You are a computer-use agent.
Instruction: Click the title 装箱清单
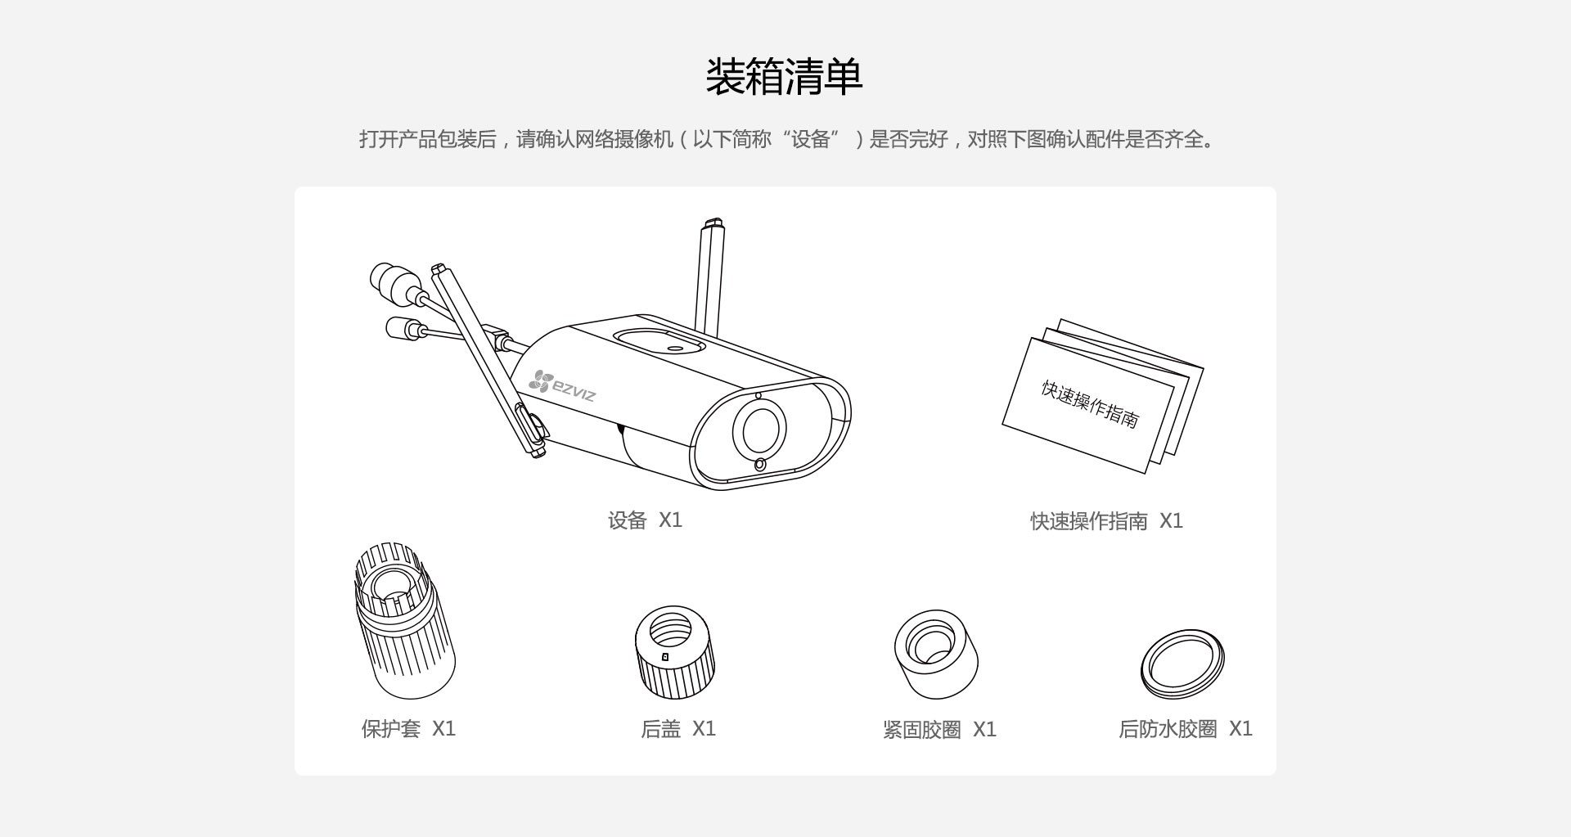[784, 78]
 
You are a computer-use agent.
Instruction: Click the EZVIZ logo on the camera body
[563, 386]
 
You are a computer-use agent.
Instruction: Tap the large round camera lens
[758, 429]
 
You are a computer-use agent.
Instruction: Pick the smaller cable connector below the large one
[403, 329]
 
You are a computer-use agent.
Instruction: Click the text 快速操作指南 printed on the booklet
[1089, 403]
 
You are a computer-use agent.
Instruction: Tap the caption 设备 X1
[645, 520]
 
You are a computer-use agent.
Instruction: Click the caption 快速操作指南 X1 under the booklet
[1106, 521]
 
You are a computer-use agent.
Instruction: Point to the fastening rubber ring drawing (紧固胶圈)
[936, 654]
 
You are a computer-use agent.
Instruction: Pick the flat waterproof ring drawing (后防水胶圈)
[1182, 664]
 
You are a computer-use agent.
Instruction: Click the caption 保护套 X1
[408, 728]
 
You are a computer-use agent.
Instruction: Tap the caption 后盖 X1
[678, 728]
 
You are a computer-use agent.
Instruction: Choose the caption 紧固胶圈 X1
[939, 729]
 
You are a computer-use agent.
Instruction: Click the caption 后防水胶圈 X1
[1185, 728]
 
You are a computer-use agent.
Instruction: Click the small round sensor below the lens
[760, 465]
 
